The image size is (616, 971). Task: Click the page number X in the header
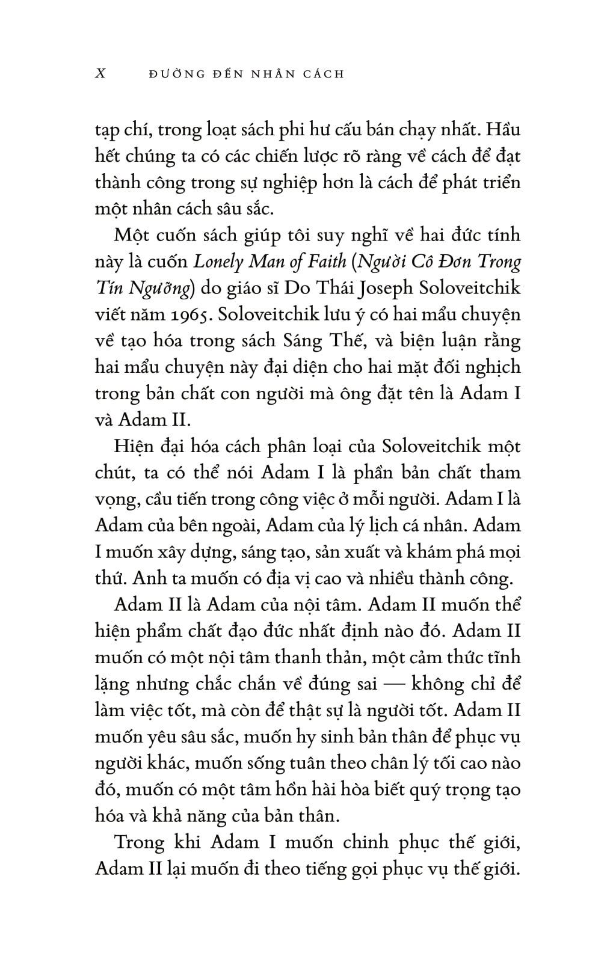point(101,74)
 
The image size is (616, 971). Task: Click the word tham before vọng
point(496,473)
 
